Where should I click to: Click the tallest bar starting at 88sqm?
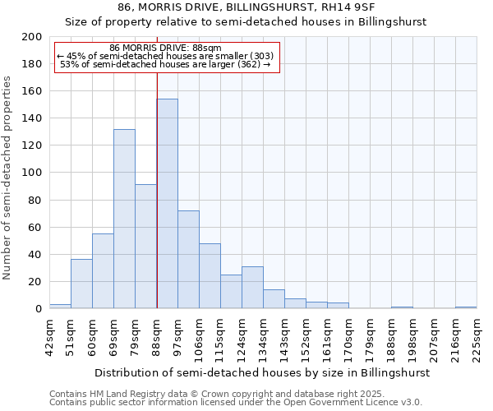(167, 204)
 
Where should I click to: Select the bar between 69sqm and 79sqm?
(124, 219)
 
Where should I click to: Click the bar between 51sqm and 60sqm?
(81, 284)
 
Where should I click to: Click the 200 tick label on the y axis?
(32, 37)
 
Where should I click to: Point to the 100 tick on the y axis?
(32, 173)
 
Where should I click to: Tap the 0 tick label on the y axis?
(38, 309)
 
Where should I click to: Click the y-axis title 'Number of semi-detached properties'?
(9, 178)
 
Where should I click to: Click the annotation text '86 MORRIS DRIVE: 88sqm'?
(165, 48)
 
